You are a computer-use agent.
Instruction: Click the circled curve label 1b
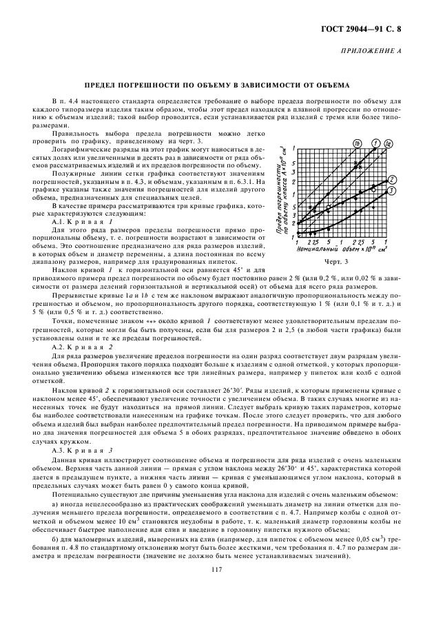click(x=358, y=143)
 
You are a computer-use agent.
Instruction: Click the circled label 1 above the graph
click(x=375, y=143)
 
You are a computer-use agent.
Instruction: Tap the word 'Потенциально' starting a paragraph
click(x=75, y=496)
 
